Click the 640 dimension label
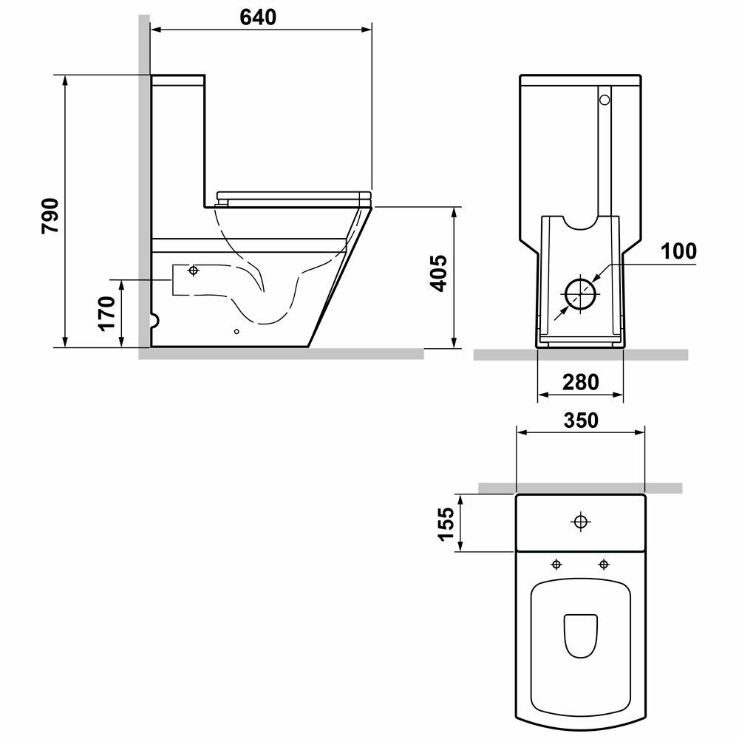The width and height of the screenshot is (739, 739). [258, 18]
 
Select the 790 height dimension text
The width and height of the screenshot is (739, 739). [50, 216]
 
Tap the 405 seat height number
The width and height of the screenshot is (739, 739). [438, 273]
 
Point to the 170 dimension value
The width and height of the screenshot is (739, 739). [107, 314]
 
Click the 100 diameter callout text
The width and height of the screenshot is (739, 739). [678, 251]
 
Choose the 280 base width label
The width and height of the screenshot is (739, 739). [581, 382]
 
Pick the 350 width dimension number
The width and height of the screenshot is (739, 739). [581, 420]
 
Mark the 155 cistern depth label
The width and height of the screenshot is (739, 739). [446, 524]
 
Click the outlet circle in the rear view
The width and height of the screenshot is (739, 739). [581, 293]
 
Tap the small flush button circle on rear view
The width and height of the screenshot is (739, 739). [605, 100]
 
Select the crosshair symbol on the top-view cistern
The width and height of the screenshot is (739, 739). [581, 522]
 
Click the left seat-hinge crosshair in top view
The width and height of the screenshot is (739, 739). [556, 564]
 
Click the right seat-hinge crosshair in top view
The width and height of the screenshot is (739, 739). [604, 564]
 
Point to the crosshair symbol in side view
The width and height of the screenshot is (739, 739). [193, 270]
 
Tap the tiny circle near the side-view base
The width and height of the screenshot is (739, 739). [237, 331]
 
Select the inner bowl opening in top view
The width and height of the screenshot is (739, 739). [581, 636]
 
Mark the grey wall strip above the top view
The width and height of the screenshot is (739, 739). [581, 488]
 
